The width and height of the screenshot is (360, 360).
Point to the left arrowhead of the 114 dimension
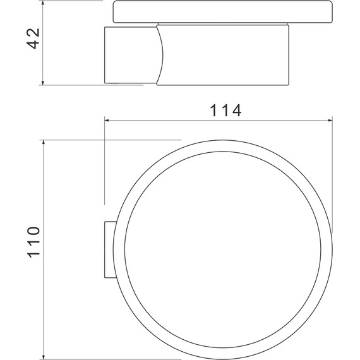[x=108, y=120]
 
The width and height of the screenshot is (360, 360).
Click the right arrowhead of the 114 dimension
[x=328, y=120]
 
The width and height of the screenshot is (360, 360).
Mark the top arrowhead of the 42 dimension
[x=43, y=3]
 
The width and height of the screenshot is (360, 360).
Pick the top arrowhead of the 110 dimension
[x=43, y=144]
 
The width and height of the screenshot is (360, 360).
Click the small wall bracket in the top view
[x=109, y=249]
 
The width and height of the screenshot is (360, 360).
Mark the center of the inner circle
[x=225, y=249]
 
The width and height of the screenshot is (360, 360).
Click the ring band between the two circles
[x=225, y=145]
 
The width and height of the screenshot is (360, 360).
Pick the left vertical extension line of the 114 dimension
[x=104, y=164]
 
